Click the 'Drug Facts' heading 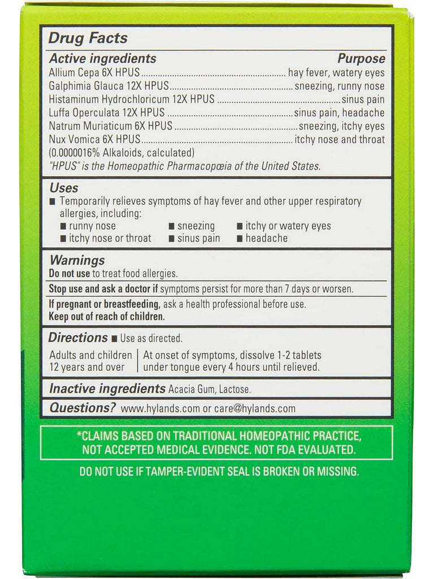[88, 38]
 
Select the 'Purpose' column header [361, 59]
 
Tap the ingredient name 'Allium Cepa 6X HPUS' [94, 73]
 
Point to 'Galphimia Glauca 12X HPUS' [109, 87]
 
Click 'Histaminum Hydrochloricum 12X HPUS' [132, 100]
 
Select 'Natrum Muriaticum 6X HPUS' [111, 126]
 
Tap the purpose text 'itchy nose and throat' [340, 140]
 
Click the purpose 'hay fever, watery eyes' [336, 73]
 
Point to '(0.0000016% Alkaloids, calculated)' [122, 153]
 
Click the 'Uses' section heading [64, 188]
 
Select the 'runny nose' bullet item [92, 226]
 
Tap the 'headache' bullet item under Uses [266, 239]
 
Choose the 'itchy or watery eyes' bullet [288, 226]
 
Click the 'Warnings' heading [77, 261]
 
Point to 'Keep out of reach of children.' [107, 317]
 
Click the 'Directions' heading [78, 338]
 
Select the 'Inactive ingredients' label [107, 389]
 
